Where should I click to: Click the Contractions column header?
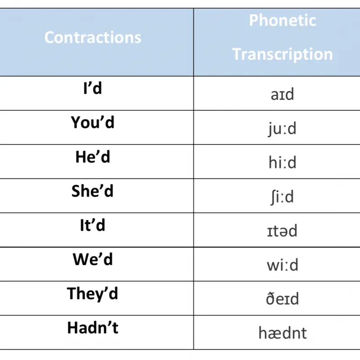click(x=93, y=37)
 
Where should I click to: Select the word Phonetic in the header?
click(x=283, y=20)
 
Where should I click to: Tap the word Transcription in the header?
click(x=283, y=54)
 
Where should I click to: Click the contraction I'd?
click(x=93, y=88)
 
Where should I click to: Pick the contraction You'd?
click(x=93, y=122)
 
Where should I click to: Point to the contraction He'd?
click(x=93, y=157)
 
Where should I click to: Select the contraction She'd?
click(x=93, y=191)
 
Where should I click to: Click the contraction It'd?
click(x=93, y=225)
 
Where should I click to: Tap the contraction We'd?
click(x=93, y=259)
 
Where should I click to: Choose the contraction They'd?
click(x=93, y=294)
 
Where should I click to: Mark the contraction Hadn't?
click(x=93, y=328)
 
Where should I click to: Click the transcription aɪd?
click(x=283, y=94)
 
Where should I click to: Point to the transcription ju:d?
click(x=282, y=129)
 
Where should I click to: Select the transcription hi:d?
click(x=283, y=162)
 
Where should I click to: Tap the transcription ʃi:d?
click(x=282, y=197)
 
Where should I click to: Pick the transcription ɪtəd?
click(x=282, y=230)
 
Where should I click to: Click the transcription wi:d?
click(x=283, y=265)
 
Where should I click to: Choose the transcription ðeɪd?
click(x=283, y=298)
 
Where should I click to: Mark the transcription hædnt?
click(x=283, y=333)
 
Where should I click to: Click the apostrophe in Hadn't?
click(x=108, y=324)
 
